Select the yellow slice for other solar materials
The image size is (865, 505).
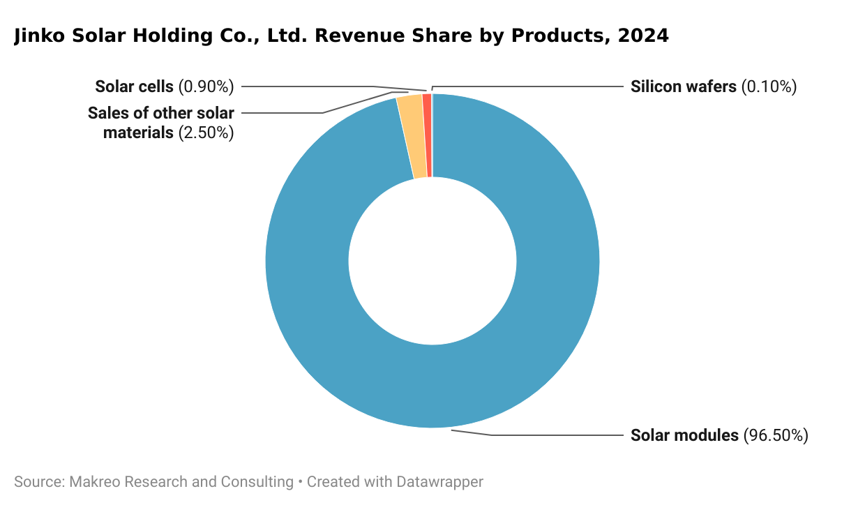click(413, 137)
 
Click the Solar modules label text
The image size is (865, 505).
click(684, 435)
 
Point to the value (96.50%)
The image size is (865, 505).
click(776, 435)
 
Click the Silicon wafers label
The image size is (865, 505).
click(683, 86)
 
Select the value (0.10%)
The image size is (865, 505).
click(769, 86)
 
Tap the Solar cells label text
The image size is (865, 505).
click(134, 86)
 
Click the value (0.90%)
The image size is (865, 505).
click(206, 86)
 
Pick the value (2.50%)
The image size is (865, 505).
click(206, 133)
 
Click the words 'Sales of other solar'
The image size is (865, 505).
click(160, 113)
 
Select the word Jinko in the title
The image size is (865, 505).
click(40, 36)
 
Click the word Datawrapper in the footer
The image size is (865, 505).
click(439, 481)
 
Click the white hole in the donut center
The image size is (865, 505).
click(433, 261)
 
